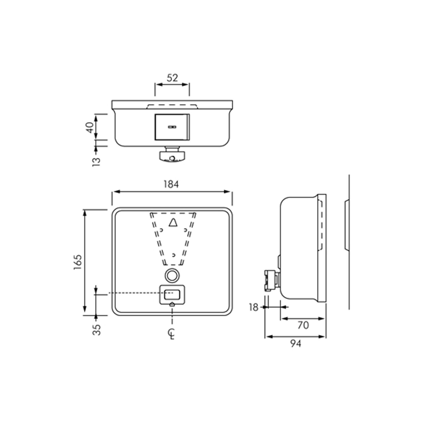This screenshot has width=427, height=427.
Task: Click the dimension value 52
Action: coord(172,78)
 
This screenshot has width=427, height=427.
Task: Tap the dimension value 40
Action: coord(90,127)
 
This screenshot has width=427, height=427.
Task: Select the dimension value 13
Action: coord(97,161)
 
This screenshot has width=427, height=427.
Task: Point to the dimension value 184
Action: coord(171,184)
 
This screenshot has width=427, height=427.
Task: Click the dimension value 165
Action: coord(78,262)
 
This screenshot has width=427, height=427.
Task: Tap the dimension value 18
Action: coord(254,307)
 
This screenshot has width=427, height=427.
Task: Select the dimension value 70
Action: coord(303,325)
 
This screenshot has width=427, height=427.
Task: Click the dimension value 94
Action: coord(296,344)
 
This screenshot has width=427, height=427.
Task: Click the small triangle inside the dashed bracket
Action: coord(173,223)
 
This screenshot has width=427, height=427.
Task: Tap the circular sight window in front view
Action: coord(172,275)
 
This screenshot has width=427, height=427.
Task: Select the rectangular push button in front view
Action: coord(172,295)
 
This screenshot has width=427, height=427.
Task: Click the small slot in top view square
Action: coord(172,127)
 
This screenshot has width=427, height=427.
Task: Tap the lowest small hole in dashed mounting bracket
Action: coord(174,255)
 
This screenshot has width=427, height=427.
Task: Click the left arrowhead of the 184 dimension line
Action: coord(115,192)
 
